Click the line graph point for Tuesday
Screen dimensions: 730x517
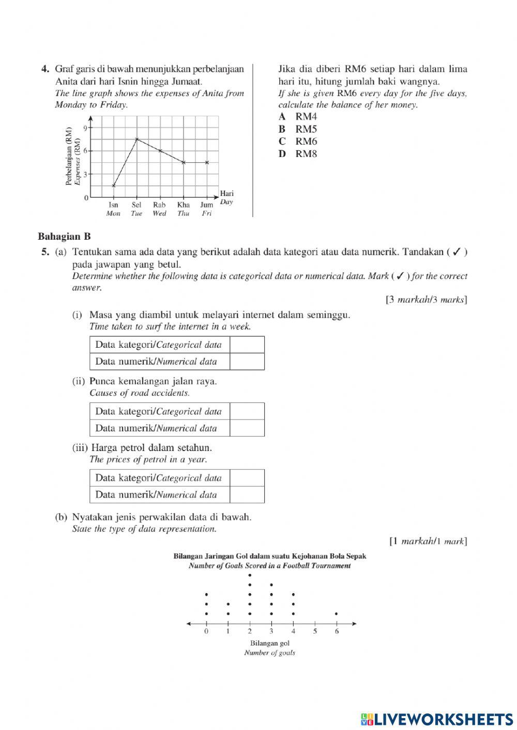click(136, 139)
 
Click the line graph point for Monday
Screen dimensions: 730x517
click(113, 185)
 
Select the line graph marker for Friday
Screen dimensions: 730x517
click(207, 162)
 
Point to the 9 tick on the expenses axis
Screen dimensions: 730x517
click(85, 127)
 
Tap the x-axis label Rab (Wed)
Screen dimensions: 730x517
click(159, 205)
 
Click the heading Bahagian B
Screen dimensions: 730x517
click(64, 237)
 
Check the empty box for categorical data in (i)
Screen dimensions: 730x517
click(247, 345)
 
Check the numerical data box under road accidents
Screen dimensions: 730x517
click(247, 428)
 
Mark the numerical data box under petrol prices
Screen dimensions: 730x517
click(247, 494)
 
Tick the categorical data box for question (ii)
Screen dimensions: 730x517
click(247, 411)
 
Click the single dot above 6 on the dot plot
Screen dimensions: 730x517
click(337, 614)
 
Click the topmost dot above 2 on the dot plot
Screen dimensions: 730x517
click(250, 575)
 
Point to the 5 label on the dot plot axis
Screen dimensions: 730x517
click(315, 631)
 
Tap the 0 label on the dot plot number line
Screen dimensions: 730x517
click(206, 631)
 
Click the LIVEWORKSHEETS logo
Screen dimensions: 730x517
click(437, 719)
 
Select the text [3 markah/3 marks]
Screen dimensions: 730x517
click(426, 300)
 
